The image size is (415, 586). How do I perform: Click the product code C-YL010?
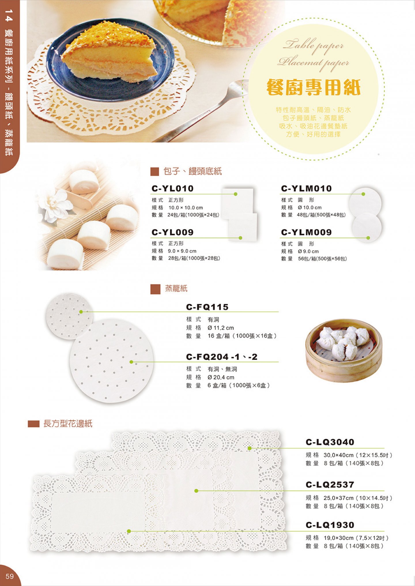tap(172, 188)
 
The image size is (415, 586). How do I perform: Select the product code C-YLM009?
tap(306, 232)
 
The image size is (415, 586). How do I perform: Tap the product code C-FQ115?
tap(207, 307)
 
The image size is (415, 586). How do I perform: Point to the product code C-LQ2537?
tap(330, 485)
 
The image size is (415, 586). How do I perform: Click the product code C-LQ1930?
tap(330, 525)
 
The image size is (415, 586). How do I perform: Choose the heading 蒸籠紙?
tap(176, 288)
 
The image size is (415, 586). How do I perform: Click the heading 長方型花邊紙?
tap(68, 424)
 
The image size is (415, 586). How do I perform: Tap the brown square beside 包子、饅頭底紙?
tap(155, 172)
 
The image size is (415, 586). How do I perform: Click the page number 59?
tap(10, 576)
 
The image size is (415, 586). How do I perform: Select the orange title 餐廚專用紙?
tap(313, 87)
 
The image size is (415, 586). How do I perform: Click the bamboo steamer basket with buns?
tap(344, 351)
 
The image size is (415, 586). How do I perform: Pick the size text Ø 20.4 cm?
tap(221, 377)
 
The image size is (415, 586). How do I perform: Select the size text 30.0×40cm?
tap(338, 455)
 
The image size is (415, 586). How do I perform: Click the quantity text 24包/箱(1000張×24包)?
tap(193, 215)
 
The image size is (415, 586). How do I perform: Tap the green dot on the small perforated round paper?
tap(81, 312)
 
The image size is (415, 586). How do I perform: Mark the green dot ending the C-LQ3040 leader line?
tap(250, 448)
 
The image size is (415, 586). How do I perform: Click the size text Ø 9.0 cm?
tap(308, 252)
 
